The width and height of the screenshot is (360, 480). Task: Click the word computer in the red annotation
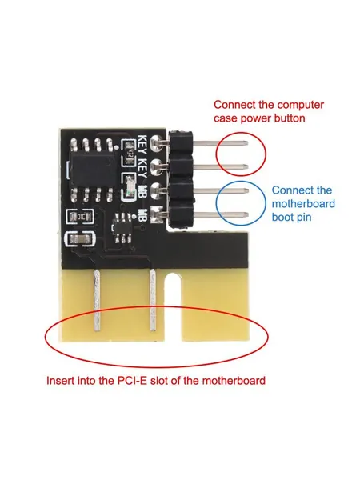click(x=296, y=105)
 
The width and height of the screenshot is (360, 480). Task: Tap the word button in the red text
click(x=290, y=118)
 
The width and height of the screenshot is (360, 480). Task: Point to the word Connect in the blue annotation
click(x=292, y=190)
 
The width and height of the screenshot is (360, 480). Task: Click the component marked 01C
click(x=80, y=218)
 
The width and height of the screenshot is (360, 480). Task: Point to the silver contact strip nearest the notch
click(x=153, y=302)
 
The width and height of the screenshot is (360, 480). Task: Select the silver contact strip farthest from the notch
click(x=97, y=300)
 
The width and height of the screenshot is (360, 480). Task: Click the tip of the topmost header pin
click(x=246, y=142)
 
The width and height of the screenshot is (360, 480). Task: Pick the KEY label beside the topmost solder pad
click(x=143, y=145)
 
